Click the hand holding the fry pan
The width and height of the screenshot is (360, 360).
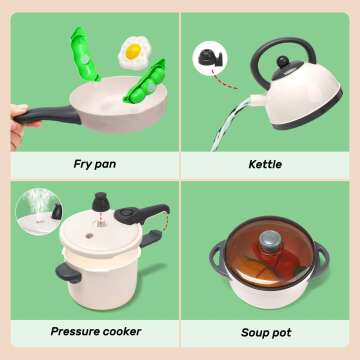click(15, 112)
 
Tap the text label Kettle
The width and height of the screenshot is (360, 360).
click(266, 162)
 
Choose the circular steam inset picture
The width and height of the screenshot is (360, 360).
click(37, 212)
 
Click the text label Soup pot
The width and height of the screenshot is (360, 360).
click(266, 332)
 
